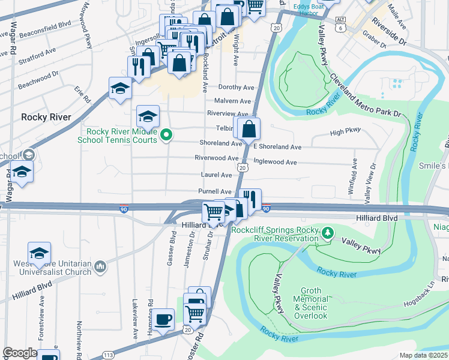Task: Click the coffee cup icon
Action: pos(163,319)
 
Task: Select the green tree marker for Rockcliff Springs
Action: pos(328,232)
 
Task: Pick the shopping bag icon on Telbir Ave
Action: pos(249,128)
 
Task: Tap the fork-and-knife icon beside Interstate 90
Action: pos(250,199)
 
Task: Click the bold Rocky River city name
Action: pos(46,117)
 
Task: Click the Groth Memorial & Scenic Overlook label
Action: pos(310,303)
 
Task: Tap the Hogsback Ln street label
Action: pos(427,293)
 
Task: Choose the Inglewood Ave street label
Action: pos(276,162)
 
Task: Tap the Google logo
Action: pos(20,353)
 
